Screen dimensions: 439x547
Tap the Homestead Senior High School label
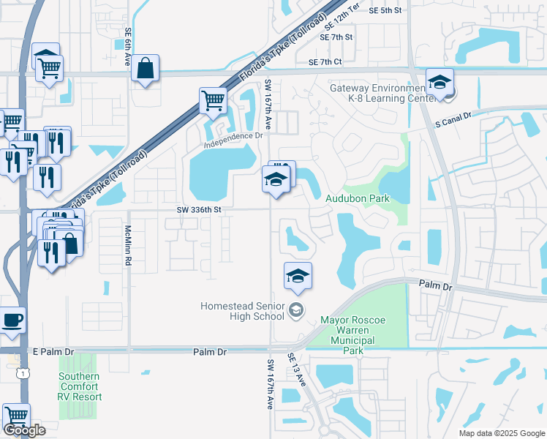pos(243,311)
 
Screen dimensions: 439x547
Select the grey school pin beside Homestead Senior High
pos(296,310)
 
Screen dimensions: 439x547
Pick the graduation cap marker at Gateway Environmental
pos(440,83)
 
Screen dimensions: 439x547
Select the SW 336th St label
pos(198,209)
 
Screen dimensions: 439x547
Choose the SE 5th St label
pos(386,10)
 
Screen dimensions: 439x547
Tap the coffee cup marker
pos(12,320)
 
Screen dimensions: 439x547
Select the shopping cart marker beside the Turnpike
pos(213,100)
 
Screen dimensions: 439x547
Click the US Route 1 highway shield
pos(25,374)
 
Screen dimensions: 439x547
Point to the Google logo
pos(25,430)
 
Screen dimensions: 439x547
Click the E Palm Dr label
pos(54,352)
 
